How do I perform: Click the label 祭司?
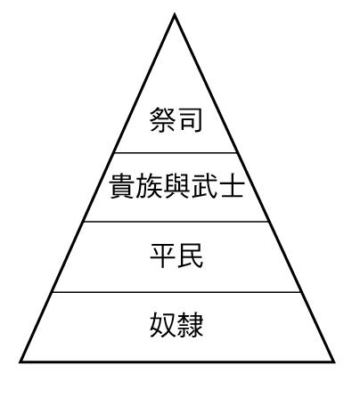pos(176,119)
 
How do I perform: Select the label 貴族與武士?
pos(177,186)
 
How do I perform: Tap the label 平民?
pos(176,256)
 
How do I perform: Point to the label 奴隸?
pos(176,324)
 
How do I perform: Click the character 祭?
pos(162,119)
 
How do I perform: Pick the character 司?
pos(190,119)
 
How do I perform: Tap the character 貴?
pos(121,186)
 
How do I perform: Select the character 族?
pos(149,186)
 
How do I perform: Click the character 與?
pos(176,186)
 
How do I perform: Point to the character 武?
pos(203,186)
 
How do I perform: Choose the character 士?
pos(232,186)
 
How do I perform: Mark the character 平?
pos(163,256)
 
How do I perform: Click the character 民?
pos(191,256)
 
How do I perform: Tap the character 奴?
pos(163,324)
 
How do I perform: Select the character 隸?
pos(191,324)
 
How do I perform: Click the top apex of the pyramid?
pos(175,14)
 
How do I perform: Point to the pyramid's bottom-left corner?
pos(20,361)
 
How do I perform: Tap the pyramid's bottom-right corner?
pos(334,361)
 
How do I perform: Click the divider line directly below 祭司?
pos(176,153)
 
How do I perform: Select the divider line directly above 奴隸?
pos(176,292)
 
